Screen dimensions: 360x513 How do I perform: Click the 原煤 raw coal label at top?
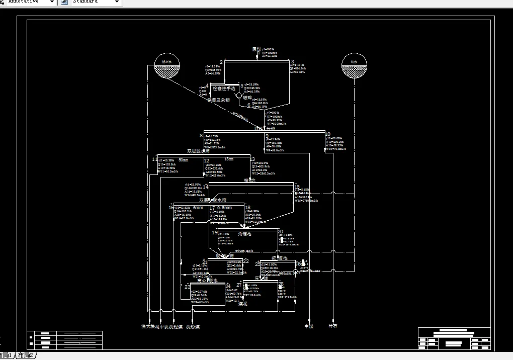pyautogui.click(x=256, y=49)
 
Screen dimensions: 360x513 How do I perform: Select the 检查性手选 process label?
pyautogui.click(x=224, y=88)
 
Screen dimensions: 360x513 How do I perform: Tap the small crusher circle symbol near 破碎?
pyautogui.click(x=238, y=94)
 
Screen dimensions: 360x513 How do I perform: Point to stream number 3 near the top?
pyautogui.click(x=292, y=62)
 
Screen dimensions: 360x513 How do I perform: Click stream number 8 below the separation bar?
pyautogui.click(x=201, y=135)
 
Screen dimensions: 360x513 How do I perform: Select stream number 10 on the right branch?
pyautogui.click(x=328, y=134)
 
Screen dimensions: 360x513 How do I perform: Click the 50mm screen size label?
pyautogui.click(x=184, y=160)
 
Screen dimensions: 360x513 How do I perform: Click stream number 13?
pyautogui.click(x=252, y=160)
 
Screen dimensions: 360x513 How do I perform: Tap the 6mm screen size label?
pyautogui.click(x=198, y=208)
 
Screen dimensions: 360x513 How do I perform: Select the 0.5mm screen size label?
pyautogui.click(x=224, y=208)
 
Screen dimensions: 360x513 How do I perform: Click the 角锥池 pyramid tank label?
pyautogui.click(x=244, y=234)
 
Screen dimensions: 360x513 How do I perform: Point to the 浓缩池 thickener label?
pyautogui.click(x=279, y=258)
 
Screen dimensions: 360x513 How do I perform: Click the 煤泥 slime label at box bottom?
pyautogui.click(x=242, y=304)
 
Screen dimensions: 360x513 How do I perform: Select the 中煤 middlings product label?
pyautogui.click(x=309, y=326)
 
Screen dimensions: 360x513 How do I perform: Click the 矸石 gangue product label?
pyautogui.click(x=333, y=326)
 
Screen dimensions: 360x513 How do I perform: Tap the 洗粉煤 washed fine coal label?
pyautogui.click(x=193, y=327)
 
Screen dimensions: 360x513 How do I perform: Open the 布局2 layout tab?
pyautogui.click(x=25, y=355)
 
